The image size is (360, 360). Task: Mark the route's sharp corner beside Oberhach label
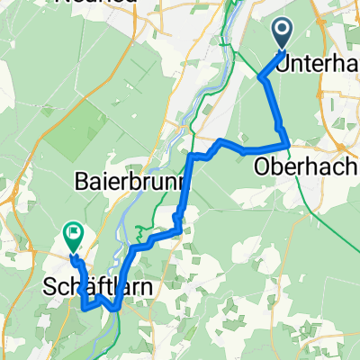[x=286, y=144]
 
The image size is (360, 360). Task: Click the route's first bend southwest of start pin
[x=262, y=78]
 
